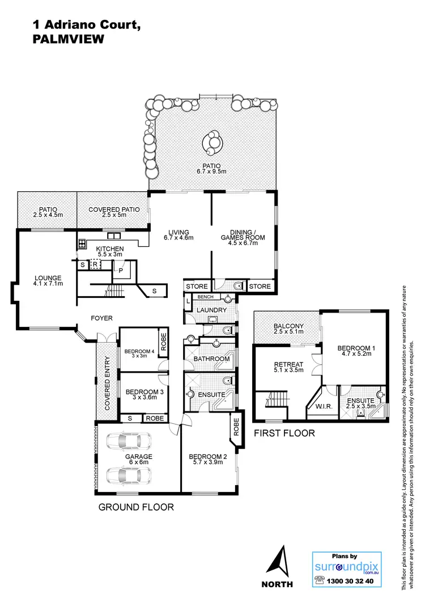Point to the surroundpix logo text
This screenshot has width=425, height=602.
(x=346, y=569)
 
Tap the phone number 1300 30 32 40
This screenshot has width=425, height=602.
(x=352, y=582)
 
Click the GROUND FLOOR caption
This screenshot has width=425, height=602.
(x=136, y=507)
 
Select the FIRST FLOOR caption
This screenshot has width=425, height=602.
(x=284, y=433)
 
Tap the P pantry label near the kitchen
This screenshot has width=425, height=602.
(x=121, y=271)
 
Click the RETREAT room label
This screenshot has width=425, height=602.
(x=288, y=364)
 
